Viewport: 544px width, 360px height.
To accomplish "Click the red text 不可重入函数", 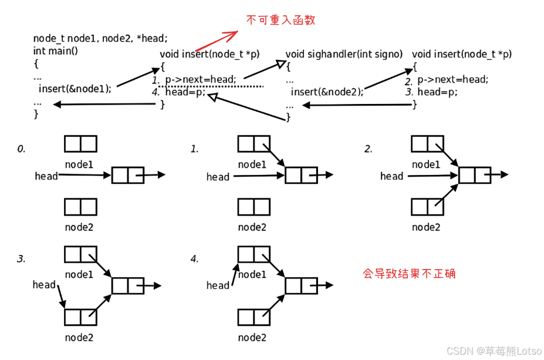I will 281,20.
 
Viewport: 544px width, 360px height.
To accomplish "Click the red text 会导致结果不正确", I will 409,274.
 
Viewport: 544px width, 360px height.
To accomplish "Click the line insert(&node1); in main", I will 75,89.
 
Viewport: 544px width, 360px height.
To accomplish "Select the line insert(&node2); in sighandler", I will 327,92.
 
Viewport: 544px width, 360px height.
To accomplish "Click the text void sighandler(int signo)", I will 344,54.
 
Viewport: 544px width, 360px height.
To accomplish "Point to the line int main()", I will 56,51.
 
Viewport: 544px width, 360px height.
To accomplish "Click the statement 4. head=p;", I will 179,92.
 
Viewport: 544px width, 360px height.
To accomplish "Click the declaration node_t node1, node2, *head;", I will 100,39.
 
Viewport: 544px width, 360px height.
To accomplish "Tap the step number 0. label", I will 21,149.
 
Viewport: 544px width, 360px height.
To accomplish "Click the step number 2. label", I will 368,149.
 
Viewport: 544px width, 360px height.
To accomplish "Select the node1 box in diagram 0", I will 80,144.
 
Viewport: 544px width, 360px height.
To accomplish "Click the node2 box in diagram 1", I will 254,207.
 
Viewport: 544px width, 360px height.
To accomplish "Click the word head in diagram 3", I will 44,285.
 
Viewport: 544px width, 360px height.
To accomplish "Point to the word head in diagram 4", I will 218,285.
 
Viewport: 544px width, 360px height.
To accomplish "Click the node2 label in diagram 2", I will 426,227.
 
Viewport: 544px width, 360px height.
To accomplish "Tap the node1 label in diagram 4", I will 252,274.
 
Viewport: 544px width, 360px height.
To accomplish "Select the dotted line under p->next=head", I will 211,86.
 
